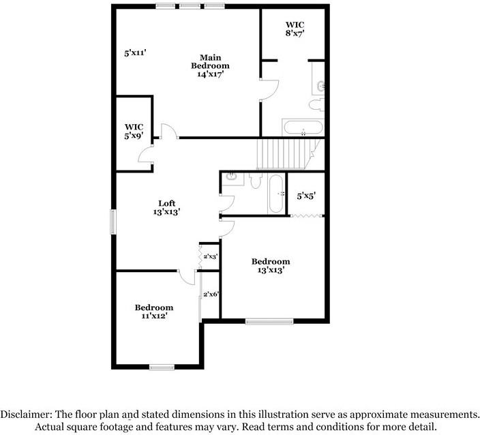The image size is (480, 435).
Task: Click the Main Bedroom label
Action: coord(210,61)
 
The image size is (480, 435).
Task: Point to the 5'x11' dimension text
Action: coord(136,52)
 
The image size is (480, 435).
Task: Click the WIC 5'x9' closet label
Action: coord(134,131)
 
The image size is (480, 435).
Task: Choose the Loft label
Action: coord(166,203)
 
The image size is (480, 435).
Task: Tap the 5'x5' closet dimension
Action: coord(305,196)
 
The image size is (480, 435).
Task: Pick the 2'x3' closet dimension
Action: coord(210,256)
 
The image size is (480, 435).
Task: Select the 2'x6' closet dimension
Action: coord(211,295)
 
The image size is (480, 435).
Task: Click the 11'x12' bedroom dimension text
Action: coord(153,316)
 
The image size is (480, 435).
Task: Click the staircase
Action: coord(286,153)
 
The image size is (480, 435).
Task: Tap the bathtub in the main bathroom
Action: coord(303,127)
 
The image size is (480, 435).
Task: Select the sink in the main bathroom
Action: coord(321,86)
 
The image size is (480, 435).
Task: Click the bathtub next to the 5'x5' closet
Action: coord(276,194)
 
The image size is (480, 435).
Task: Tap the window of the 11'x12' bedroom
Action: coord(162,367)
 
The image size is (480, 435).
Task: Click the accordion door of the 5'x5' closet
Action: coord(307,215)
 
